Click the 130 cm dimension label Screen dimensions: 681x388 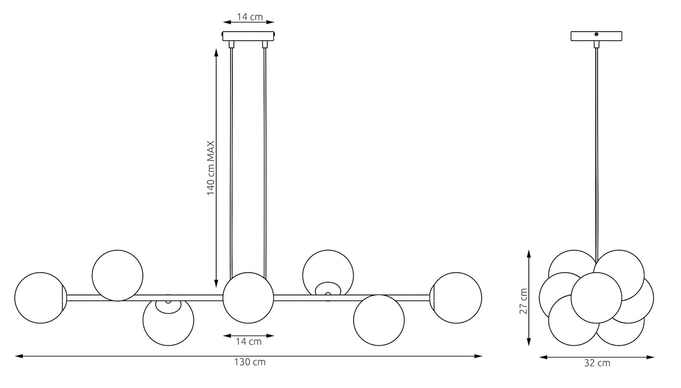coord(250,362)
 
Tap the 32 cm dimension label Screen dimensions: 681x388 coord(597,363)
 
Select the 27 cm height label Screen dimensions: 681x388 coord(523,301)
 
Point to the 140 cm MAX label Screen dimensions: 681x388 coord(211,168)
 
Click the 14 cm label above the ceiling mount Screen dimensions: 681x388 coord(250,17)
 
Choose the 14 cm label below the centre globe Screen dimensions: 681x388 coord(249,342)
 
